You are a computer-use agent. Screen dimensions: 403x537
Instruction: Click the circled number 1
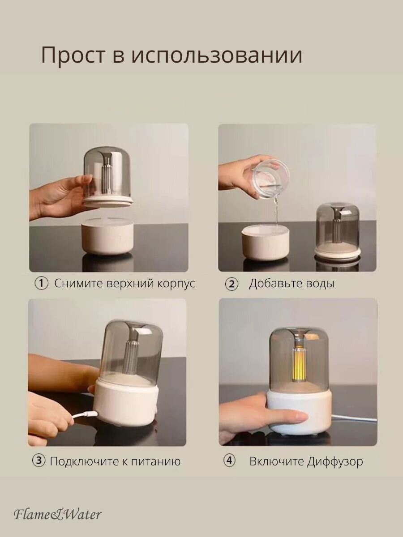click(x=41, y=284)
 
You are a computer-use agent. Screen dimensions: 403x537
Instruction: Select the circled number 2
click(x=231, y=284)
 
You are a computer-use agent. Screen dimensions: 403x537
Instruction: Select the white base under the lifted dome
click(x=107, y=238)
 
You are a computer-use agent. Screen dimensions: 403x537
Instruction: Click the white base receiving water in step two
click(x=265, y=243)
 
